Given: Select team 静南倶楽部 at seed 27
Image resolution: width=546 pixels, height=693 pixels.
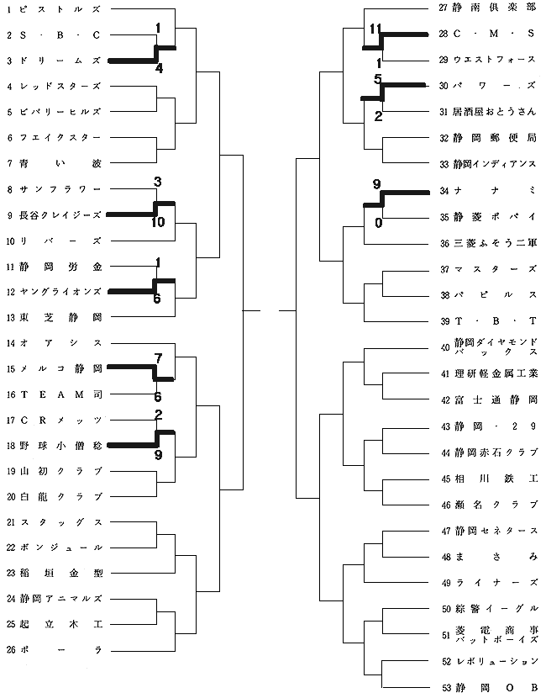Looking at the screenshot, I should (493, 8).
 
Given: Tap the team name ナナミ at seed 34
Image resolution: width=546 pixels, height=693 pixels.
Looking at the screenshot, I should (493, 191).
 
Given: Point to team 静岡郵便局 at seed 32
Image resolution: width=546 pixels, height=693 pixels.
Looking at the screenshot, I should (493, 138).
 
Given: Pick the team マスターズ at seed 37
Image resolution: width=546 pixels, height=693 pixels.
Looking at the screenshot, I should (493, 269).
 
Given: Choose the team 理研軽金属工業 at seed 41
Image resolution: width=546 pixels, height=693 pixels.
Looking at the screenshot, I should (493, 373).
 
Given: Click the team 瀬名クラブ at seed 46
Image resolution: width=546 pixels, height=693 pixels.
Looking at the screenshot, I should (493, 505).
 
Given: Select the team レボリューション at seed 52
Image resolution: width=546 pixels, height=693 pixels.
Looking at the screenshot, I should (493, 661).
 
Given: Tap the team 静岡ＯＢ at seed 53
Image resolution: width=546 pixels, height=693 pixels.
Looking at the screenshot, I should (493, 687).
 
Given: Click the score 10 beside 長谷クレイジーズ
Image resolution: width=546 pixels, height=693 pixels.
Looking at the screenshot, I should (158, 223).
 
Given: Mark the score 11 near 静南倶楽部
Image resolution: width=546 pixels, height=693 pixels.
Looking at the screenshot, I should (375, 29).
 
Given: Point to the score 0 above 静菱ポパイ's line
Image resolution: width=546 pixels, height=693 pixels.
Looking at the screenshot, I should (379, 223).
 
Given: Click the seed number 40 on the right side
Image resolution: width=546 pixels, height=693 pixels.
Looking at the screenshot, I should (445, 347).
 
